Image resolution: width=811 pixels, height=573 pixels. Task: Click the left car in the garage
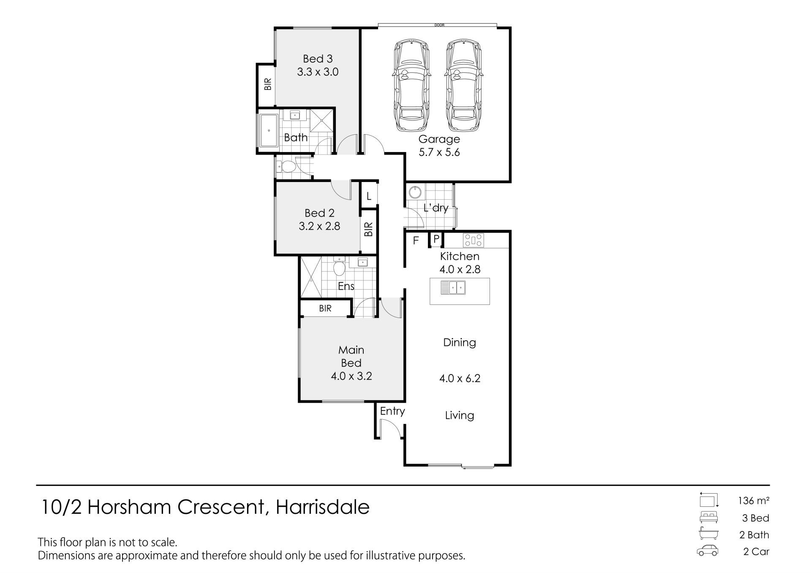click(x=412, y=86)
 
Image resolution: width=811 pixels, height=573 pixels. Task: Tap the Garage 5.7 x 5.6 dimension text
click(x=439, y=152)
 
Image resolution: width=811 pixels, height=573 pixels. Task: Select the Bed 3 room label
click(x=318, y=59)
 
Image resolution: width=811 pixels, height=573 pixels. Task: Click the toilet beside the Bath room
click(x=287, y=167)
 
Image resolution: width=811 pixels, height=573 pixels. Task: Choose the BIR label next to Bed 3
click(x=268, y=84)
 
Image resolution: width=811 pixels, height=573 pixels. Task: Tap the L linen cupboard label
click(x=369, y=196)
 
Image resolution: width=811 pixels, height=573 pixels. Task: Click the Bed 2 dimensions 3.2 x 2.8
click(x=319, y=226)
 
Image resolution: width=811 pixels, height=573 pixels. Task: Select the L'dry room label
click(x=436, y=208)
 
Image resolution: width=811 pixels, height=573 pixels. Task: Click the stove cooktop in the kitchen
click(x=474, y=241)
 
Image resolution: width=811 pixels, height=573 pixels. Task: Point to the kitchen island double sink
click(x=453, y=288)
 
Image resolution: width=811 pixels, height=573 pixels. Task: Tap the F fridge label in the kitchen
click(x=416, y=241)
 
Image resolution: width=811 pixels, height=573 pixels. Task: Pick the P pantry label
click(x=436, y=239)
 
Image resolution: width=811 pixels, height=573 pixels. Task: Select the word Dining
click(x=460, y=342)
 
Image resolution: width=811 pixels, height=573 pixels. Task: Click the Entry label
click(x=392, y=411)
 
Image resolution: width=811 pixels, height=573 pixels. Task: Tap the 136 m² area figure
click(x=754, y=501)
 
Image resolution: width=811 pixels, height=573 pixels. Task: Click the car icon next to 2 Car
click(x=708, y=551)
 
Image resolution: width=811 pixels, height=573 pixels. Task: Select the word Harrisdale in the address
click(x=323, y=507)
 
